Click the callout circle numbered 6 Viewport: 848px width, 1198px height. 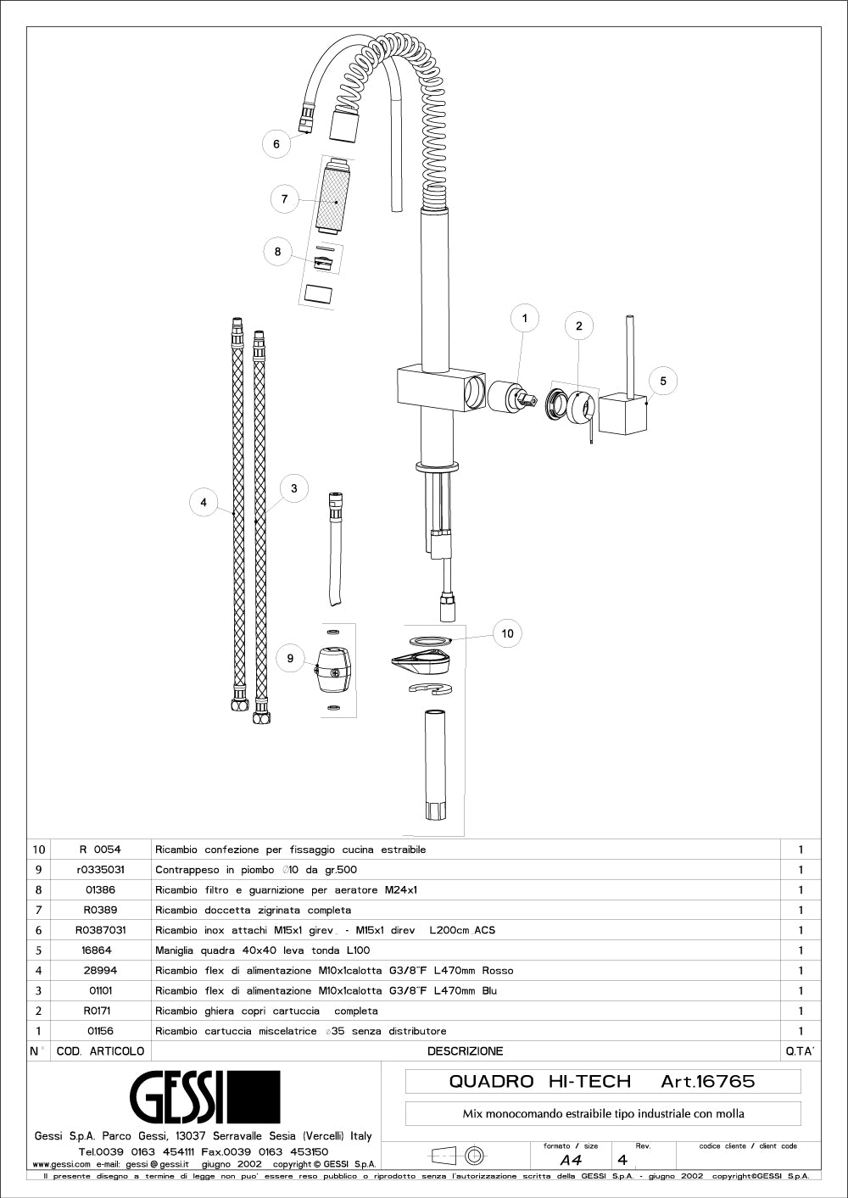pyautogui.click(x=276, y=144)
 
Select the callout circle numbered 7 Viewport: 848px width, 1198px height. pyautogui.click(x=285, y=199)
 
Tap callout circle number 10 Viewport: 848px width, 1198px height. pyautogui.click(x=507, y=633)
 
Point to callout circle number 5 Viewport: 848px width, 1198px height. pyautogui.click(x=663, y=381)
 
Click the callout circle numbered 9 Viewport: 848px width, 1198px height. pyautogui.click(x=290, y=658)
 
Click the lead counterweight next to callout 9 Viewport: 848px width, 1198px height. pyautogui.click(x=333, y=672)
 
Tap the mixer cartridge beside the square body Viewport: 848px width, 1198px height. pyautogui.click(x=512, y=398)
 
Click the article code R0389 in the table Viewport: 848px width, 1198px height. pyautogui.click(x=100, y=910)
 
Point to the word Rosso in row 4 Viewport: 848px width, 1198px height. pyautogui.click(x=498, y=971)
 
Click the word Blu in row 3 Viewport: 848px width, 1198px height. pyautogui.click(x=489, y=991)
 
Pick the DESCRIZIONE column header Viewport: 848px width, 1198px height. pyautogui.click(x=465, y=1051)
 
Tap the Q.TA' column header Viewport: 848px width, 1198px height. pyautogui.click(x=800, y=1051)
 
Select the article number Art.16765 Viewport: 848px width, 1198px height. pyautogui.click(x=707, y=1081)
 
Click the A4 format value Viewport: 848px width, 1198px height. pyautogui.click(x=572, y=1161)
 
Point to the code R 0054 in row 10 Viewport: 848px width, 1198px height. pyautogui.click(x=100, y=850)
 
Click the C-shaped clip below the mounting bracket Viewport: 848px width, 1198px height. pyautogui.click(x=431, y=688)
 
